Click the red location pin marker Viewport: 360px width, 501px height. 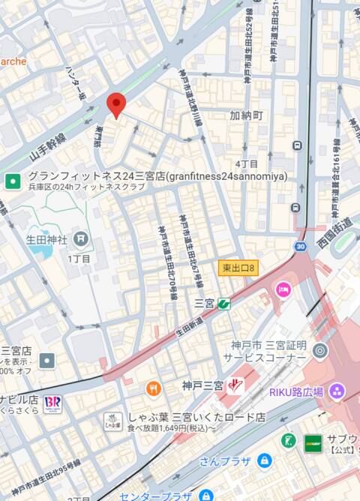coord(115,105)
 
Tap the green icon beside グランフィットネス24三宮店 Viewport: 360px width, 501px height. coord(13,181)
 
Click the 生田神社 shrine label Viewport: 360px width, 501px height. coord(47,240)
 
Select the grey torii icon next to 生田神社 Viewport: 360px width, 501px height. coord(81,239)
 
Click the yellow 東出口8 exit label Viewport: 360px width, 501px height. coord(238,268)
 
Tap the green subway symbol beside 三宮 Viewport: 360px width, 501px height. coord(223,304)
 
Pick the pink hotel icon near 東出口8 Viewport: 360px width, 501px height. coord(283,289)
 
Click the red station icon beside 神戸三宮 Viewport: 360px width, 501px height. coord(235,385)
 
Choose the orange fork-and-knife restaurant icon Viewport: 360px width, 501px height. coord(154,388)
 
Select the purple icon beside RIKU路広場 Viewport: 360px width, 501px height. coord(336,391)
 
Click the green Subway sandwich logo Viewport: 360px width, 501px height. coord(313,443)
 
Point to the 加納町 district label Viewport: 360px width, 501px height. coord(246,115)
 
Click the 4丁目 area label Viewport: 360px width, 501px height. coord(246,163)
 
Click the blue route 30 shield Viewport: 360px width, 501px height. coord(300,246)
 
